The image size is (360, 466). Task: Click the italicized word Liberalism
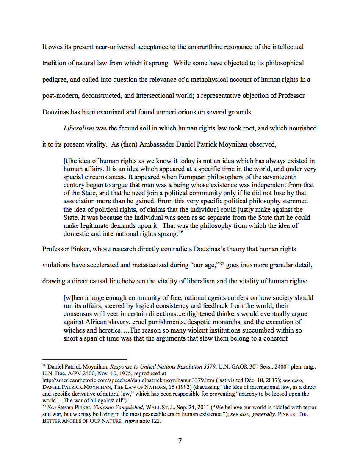pyautogui.click(x=78, y=128)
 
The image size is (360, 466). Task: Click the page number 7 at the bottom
pyautogui.click(x=180, y=441)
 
